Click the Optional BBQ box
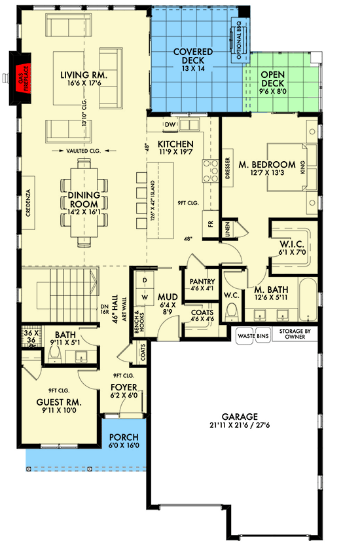coord(236,40)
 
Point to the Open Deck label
coord(274,79)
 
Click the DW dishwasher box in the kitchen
coord(170,124)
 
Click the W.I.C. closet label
coord(289,247)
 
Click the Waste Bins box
coord(253,335)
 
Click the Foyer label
coord(123,391)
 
